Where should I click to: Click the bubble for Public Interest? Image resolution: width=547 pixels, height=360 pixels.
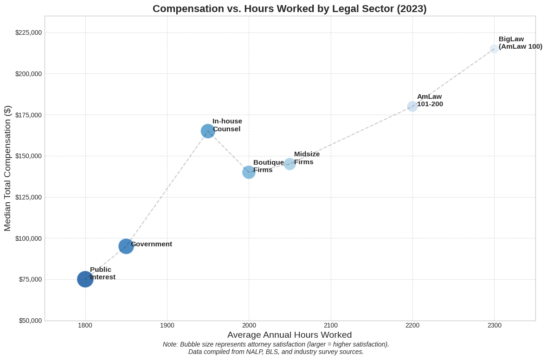tap(85, 279)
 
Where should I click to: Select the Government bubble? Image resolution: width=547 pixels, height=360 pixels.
tap(126, 246)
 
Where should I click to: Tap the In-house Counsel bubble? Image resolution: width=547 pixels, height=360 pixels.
tap(208, 131)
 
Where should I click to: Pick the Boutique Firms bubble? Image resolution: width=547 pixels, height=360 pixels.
tap(249, 172)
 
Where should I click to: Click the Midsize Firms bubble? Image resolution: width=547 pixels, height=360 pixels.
tap(290, 164)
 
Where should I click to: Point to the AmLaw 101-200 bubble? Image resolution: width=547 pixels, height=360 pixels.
tap(412, 106)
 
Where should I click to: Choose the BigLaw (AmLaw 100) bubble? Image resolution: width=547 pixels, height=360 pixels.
tap(494, 49)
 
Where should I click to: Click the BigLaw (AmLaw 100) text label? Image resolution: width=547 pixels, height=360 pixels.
tap(520, 43)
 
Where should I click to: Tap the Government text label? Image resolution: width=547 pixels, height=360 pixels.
tap(151, 244)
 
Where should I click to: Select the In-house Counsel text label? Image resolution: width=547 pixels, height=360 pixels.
tap(227, 125)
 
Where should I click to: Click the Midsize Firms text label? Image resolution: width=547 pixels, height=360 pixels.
tap(307, 158)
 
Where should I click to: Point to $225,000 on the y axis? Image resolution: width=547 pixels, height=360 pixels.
tap(28, 32)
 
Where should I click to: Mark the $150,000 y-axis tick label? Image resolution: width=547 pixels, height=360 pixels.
tap(28, 156)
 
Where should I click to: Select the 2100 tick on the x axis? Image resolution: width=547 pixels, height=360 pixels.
tap(331, 325)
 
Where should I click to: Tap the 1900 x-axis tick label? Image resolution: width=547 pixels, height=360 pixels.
tap(167, 325)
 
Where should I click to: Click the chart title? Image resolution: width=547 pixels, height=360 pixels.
tap(290, 8)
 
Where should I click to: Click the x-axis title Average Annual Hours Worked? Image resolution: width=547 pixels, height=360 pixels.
tap(290, 335)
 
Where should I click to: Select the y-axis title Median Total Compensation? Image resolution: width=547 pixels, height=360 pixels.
tap(7, 168)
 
